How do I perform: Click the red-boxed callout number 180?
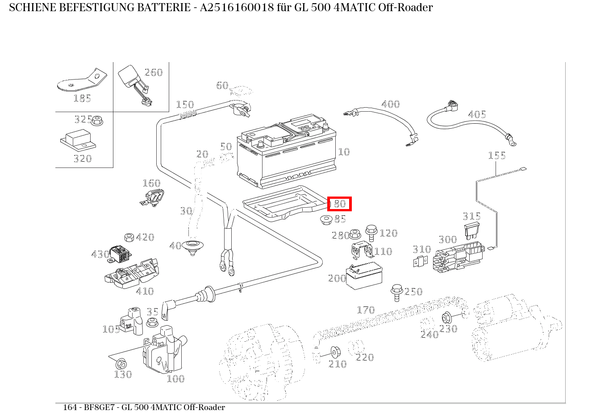coord(339,204)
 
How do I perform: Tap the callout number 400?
coord(390,105)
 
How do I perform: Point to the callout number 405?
coord(476,115)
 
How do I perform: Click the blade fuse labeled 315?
coord(472,230)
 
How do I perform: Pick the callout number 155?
coord(496,155)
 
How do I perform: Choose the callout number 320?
coord(82,159)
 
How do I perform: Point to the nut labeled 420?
coord(129,237)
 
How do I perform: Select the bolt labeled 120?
coord(371,231)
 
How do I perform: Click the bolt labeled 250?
coord(396,290)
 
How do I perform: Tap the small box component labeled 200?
coord(364,275)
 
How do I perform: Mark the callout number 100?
coord(175,379)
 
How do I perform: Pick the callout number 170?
coord(366,310)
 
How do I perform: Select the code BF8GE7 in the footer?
coord(97,407)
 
